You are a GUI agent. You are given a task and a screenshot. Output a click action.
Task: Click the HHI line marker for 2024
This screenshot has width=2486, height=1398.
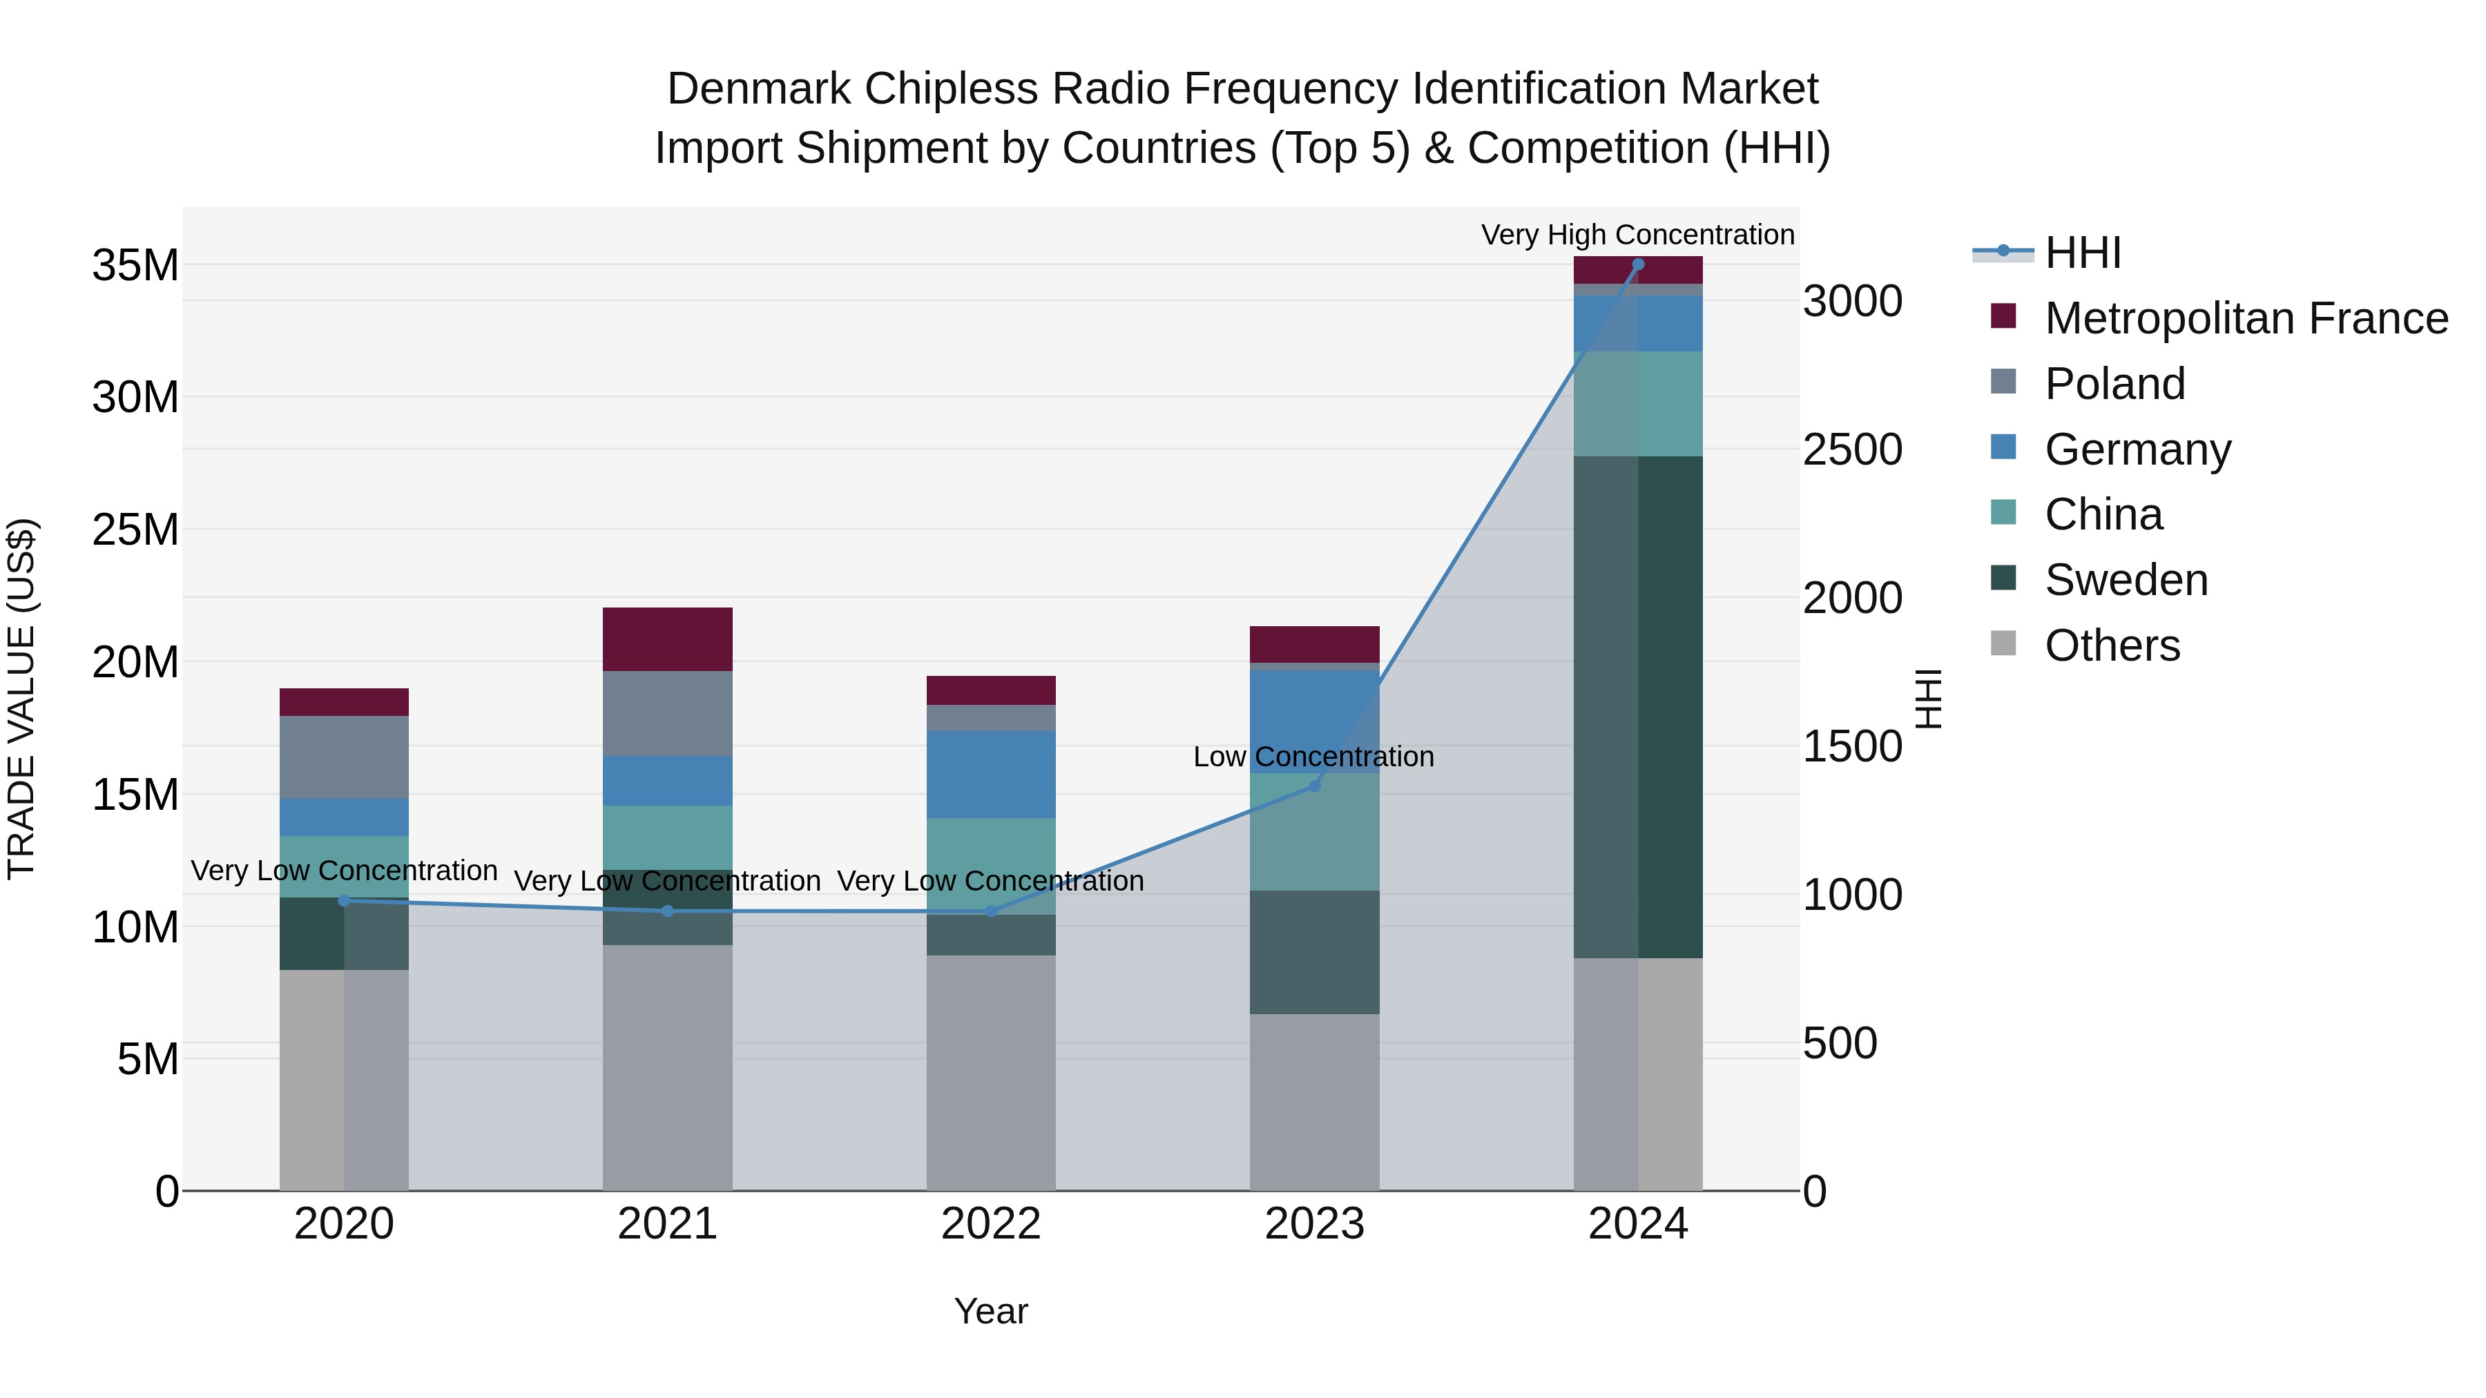point(1638,264)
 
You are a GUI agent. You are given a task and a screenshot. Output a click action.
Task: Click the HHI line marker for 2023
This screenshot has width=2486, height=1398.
point(1314,786)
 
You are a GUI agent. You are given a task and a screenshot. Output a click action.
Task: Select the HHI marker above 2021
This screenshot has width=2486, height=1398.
point(668,911)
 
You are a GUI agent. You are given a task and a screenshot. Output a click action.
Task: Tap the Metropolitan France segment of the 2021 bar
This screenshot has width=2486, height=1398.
point(668,639)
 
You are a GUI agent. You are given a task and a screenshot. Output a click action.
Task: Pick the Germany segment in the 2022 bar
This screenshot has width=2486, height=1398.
point(991,775)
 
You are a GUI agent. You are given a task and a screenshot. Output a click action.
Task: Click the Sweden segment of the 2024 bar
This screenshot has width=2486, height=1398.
point(1638,706)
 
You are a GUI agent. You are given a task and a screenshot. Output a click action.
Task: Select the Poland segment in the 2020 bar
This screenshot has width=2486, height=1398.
point(345,757)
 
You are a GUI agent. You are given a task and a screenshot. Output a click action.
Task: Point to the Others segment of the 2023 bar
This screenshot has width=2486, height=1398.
point(1314,1102)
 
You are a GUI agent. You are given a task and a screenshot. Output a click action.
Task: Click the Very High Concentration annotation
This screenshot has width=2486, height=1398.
point(1638,235)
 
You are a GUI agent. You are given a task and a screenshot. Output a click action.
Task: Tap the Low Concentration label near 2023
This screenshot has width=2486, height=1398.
point(1313,757)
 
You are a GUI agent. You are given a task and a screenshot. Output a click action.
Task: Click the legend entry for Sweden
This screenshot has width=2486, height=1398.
point(2126,580)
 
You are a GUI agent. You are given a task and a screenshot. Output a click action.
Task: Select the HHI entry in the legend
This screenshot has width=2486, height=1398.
point(2083,253)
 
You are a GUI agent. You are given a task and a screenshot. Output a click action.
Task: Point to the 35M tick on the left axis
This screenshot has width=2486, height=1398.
point(135,265)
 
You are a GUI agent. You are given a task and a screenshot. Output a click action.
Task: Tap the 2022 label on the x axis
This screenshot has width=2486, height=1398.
point(991,1224)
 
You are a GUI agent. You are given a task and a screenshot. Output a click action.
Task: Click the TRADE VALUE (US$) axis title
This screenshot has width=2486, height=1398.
point(21,699)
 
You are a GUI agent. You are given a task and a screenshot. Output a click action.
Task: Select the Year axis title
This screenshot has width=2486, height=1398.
point(991,1311)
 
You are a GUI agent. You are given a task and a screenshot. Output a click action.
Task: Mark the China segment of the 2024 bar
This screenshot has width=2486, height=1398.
point(1638,403)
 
